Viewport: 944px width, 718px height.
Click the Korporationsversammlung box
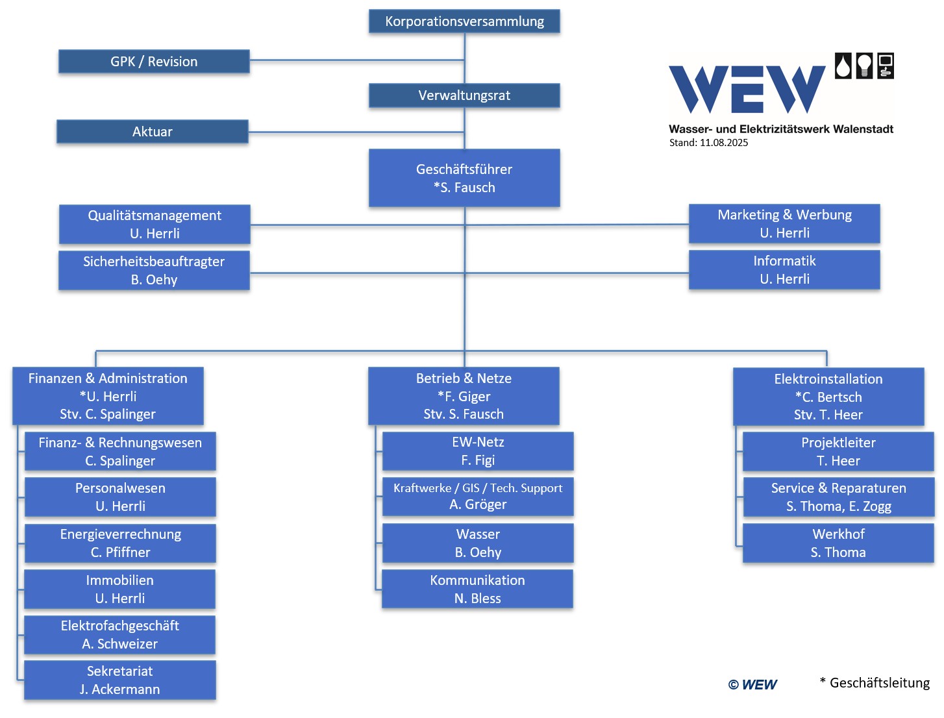point(464,21)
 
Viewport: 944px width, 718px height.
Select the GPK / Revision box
point(154,62)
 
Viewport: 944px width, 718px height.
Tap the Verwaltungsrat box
point(464,95)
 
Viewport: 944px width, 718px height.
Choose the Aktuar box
point(152,131)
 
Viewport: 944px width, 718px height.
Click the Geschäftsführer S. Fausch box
point(464,178)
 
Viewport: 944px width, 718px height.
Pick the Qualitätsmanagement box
point(155,224)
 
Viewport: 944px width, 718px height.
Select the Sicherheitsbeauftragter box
point(154,270)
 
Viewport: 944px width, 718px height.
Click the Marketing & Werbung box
point(784,223)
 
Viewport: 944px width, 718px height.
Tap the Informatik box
point(784,269)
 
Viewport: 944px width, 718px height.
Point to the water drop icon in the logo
point(843,66)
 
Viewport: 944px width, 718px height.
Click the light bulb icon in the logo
point(864,66)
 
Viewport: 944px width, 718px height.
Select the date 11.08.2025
point(724,143)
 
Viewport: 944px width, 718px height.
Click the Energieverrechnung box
point(120,543)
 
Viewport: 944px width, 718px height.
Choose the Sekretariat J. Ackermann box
point(120,680)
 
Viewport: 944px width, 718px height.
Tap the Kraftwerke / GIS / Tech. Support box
point(478,496)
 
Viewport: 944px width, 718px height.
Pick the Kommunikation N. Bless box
point(477,589)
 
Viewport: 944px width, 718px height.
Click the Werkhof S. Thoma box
point(838,543)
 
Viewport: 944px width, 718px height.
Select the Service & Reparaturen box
point(839,497)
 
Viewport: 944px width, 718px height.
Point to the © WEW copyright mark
point(752,684)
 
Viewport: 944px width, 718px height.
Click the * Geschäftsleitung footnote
point(875,683)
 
